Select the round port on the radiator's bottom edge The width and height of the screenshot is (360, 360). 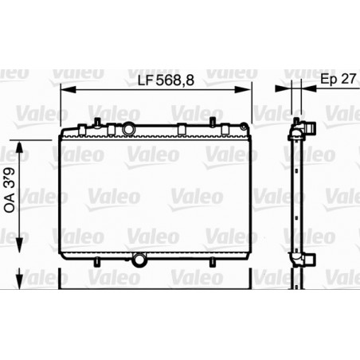141,259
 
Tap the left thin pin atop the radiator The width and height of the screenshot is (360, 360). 95,123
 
